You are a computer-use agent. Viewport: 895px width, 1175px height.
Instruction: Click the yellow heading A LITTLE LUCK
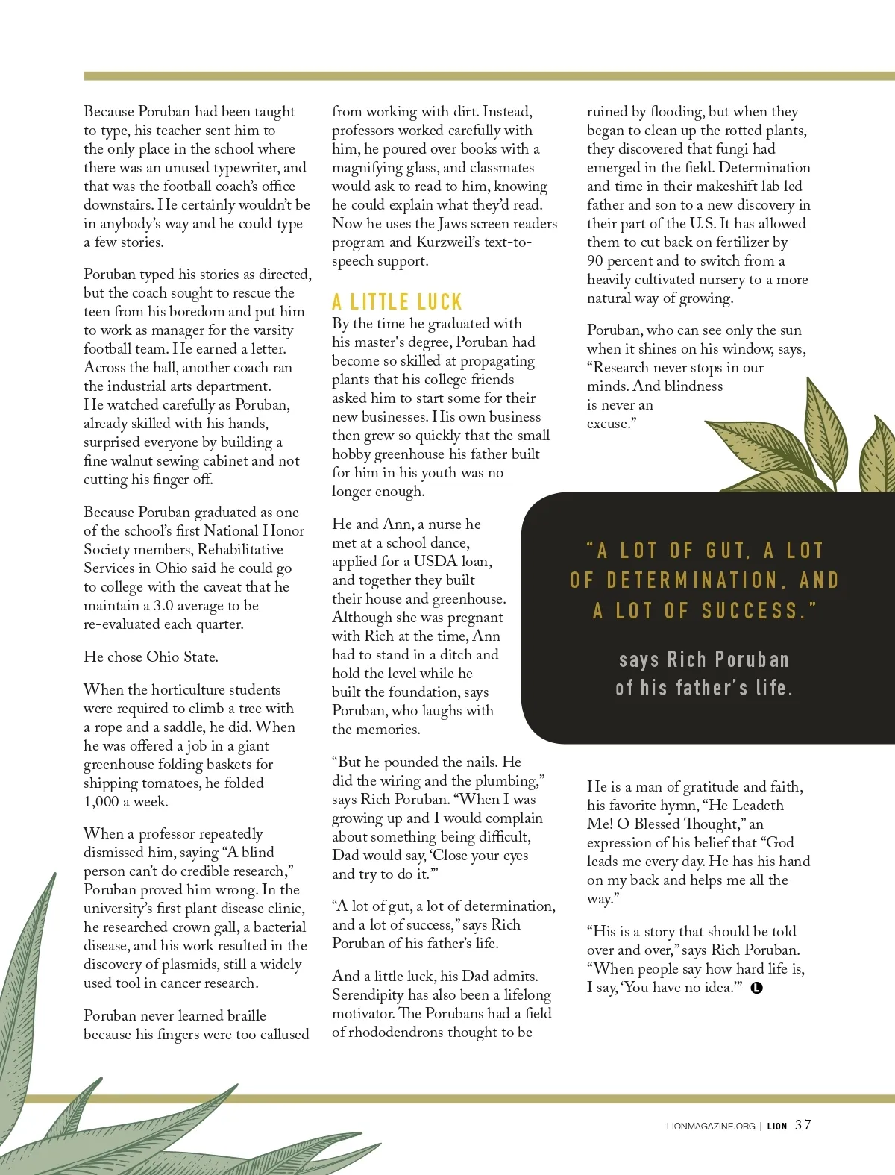coord(397,302)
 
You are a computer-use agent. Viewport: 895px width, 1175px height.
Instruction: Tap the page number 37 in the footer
coord(803,1125)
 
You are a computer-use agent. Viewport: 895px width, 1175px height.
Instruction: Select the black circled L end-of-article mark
coord(757,988)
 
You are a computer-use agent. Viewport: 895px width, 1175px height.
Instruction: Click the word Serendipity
coord(369,995)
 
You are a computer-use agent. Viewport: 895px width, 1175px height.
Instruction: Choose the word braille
coord(243,1016)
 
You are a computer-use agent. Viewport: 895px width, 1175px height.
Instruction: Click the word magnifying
coord(371,168)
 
